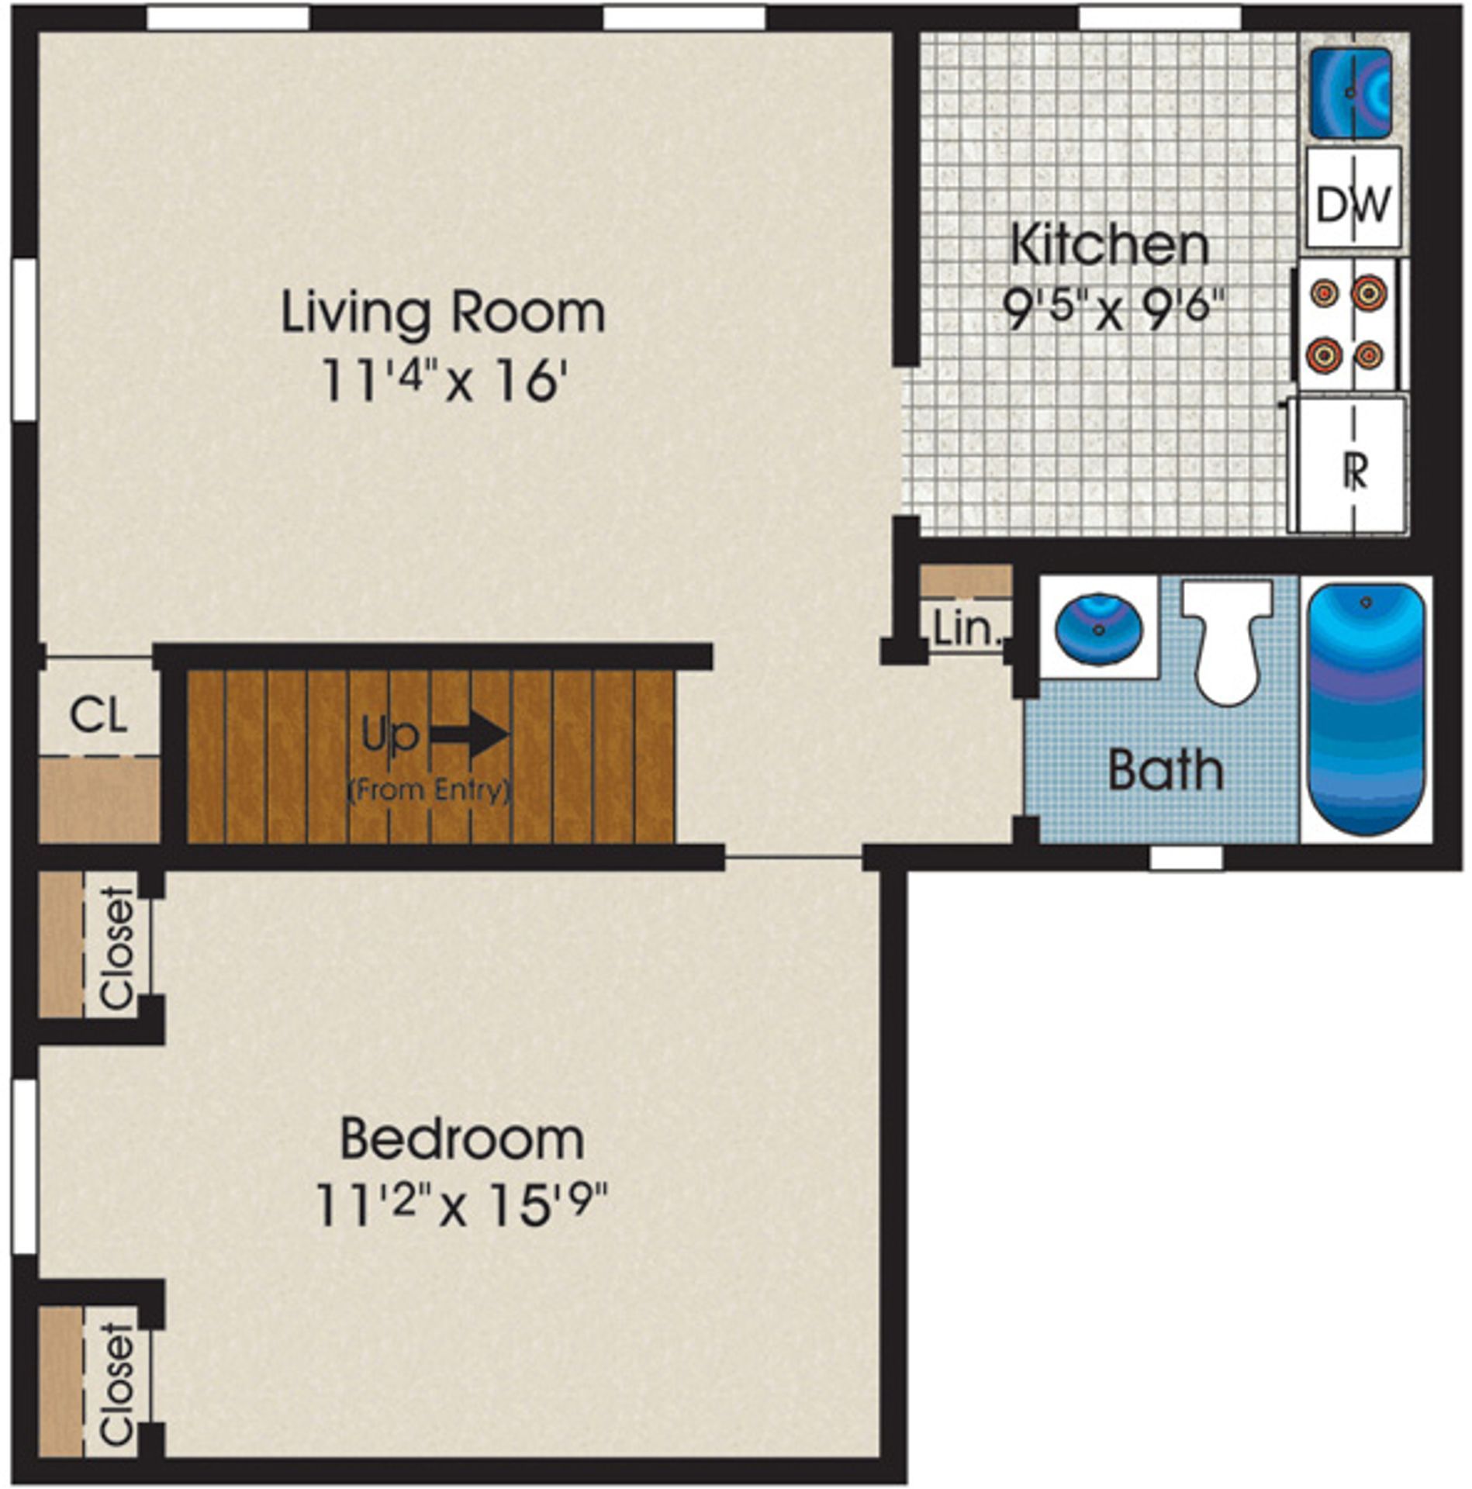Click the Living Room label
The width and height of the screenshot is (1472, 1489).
click(442, 313)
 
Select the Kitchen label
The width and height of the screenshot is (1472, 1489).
click(1111, 245)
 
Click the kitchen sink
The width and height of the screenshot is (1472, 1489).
click(1350, 94)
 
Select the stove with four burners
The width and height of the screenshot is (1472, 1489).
click(1346, 324)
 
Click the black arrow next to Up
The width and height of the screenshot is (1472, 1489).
click(470, 734)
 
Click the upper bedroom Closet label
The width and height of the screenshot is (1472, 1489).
click(117, 949)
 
